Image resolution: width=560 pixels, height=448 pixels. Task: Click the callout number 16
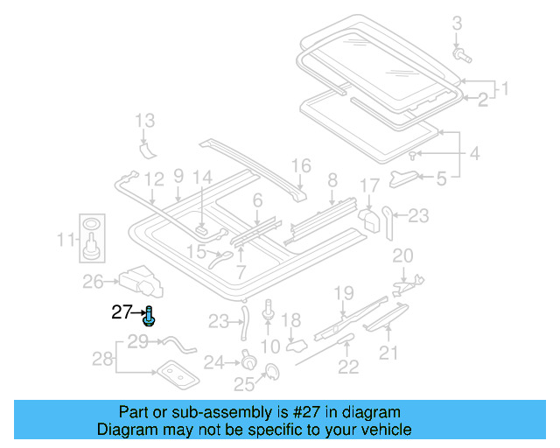click(x=300, y=165)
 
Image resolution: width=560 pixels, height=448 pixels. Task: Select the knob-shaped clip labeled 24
click(x=249, y=360)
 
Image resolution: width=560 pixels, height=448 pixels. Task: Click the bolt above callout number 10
click(x=268, y=309)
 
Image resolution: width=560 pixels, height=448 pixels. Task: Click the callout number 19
click(x=343, y=293)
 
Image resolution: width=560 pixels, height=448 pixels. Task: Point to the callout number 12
click(x=153, y=180)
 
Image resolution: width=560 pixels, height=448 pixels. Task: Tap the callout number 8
click(x=332, y=181)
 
